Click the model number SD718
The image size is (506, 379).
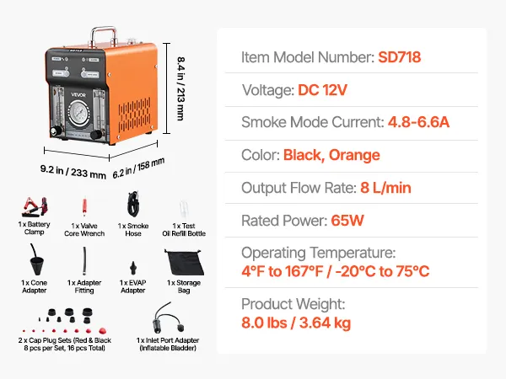coord(400,58)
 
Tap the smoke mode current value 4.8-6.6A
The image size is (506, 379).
coord(418,123)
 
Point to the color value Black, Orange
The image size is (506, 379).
coord(331,155)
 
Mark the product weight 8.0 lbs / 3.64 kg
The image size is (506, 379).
coord(296,323)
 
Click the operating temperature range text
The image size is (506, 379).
coord(336,271)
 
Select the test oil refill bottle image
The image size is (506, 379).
coord(183,206)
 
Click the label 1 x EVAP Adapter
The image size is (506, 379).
coord(133,287)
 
